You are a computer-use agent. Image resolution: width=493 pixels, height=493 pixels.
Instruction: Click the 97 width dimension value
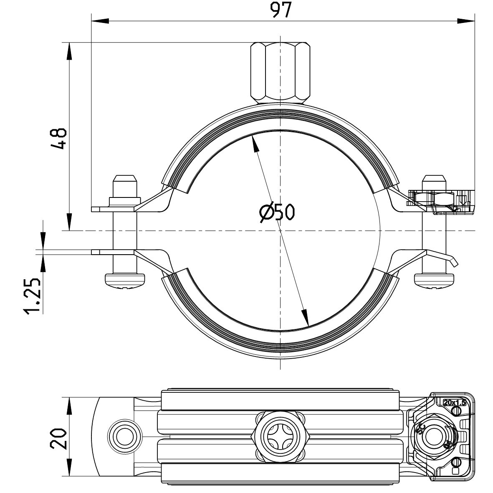(281, 10)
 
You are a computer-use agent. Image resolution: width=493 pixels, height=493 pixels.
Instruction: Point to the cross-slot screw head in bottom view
(280, 437)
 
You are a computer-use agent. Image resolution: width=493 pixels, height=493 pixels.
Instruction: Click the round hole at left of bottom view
(123, 437)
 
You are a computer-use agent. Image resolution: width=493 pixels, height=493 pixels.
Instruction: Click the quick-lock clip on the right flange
(442, 202)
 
